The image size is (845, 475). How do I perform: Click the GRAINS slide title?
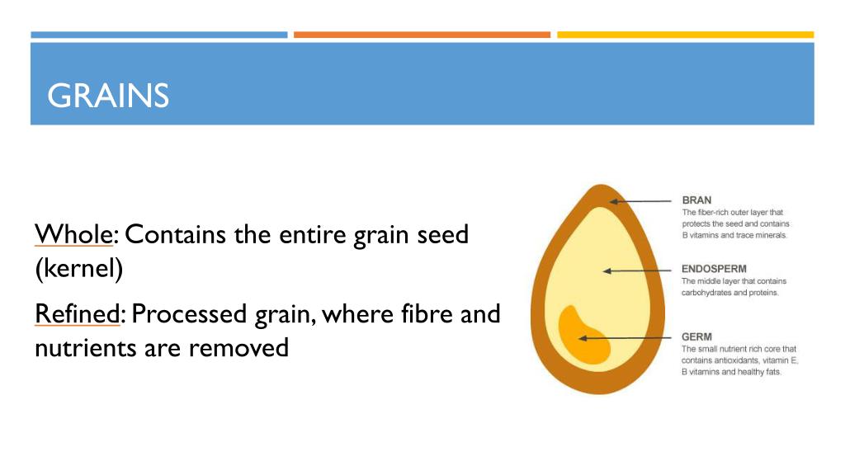(x=108, y=96)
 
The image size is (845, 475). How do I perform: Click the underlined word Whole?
(x=73, y=235)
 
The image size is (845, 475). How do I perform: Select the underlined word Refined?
(x=78, y=314)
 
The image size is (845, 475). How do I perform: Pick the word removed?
(x=240, y=348)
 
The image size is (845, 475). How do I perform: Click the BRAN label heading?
(x=697, y=200)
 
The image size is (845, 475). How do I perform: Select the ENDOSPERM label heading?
(x=716, y=268)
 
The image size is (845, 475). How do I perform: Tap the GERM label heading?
(x=696, y=336)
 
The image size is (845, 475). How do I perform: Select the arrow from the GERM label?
(x=626, y=337)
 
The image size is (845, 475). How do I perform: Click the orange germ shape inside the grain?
(x=582, y=335)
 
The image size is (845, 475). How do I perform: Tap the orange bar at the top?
(x=422, y=35)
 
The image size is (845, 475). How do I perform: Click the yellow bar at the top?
(x=685, y=35)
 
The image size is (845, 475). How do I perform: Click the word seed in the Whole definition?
(x=442, y=235)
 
